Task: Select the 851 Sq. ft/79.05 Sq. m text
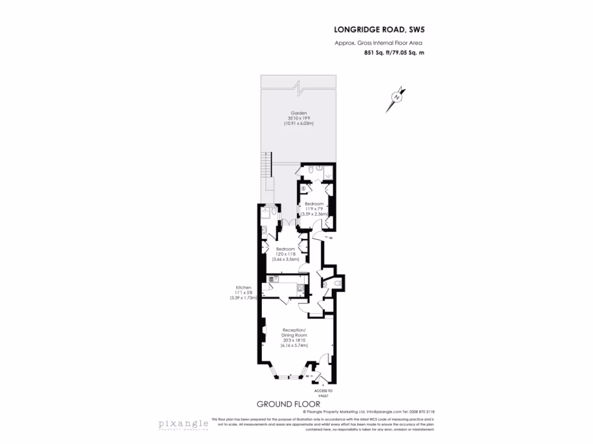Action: click(x=394, y=53)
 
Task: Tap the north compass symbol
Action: click(x=397, y=98)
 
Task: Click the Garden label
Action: click(x=298, y=113)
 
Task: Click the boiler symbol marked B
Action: click(x=303, y=187)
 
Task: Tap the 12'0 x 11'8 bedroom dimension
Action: click(x=285, y=254)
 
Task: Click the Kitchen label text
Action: click(x=243, y=287)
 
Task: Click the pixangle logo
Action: click(x=184, y=424)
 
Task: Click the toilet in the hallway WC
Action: click(x=338, y=284)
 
